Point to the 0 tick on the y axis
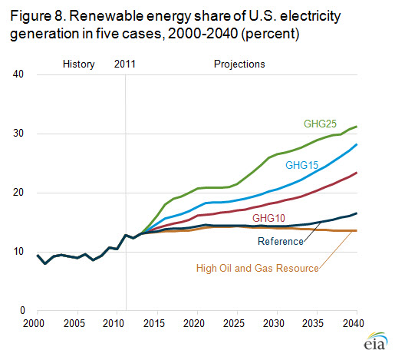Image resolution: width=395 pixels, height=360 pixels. click(x=23, y=311)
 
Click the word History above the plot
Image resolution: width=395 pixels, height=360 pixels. click(x=77, y=64)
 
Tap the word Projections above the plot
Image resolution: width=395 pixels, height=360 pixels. click(x=239, y=64)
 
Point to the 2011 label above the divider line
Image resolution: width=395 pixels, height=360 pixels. click(x=124, y=64)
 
